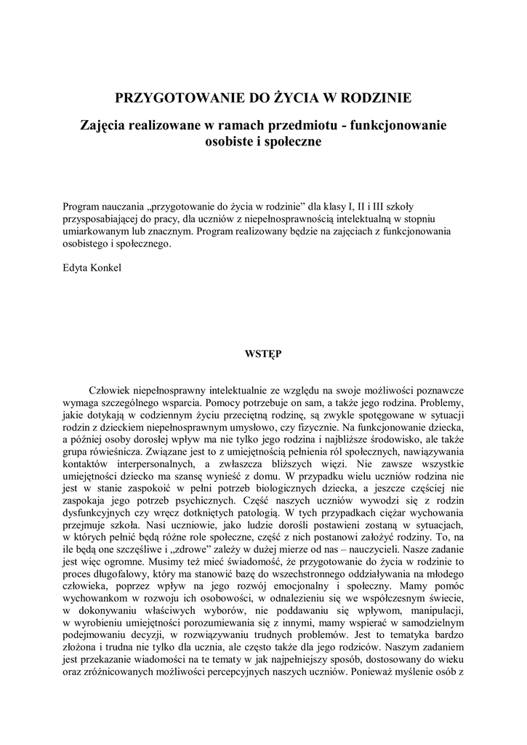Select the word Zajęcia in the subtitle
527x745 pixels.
point(105,125)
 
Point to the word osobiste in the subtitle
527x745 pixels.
point(230,142)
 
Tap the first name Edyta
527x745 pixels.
point(76,268)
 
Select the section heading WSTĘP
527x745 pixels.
point(263,354)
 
